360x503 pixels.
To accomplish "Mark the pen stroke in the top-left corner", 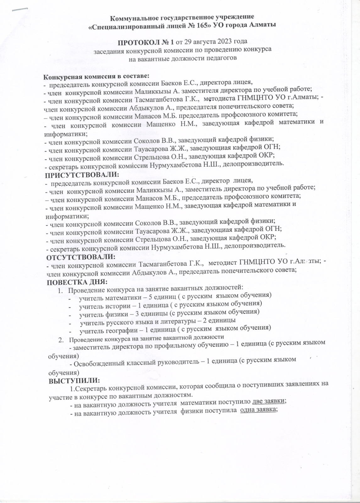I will [19, 9].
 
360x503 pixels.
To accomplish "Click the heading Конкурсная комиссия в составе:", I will [96, 76].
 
